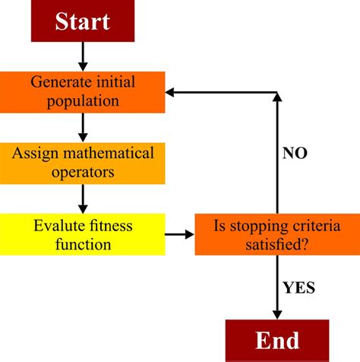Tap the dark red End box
(277, 340)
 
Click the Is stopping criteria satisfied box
(276, 234)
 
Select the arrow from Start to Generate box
(82, 56)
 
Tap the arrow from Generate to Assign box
(82, 126)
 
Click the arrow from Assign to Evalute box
(82, 198)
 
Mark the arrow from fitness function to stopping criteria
(179, 234)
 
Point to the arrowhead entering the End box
(277, 313)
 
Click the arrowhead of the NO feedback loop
(172, 92)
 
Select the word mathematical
(110, 153)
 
